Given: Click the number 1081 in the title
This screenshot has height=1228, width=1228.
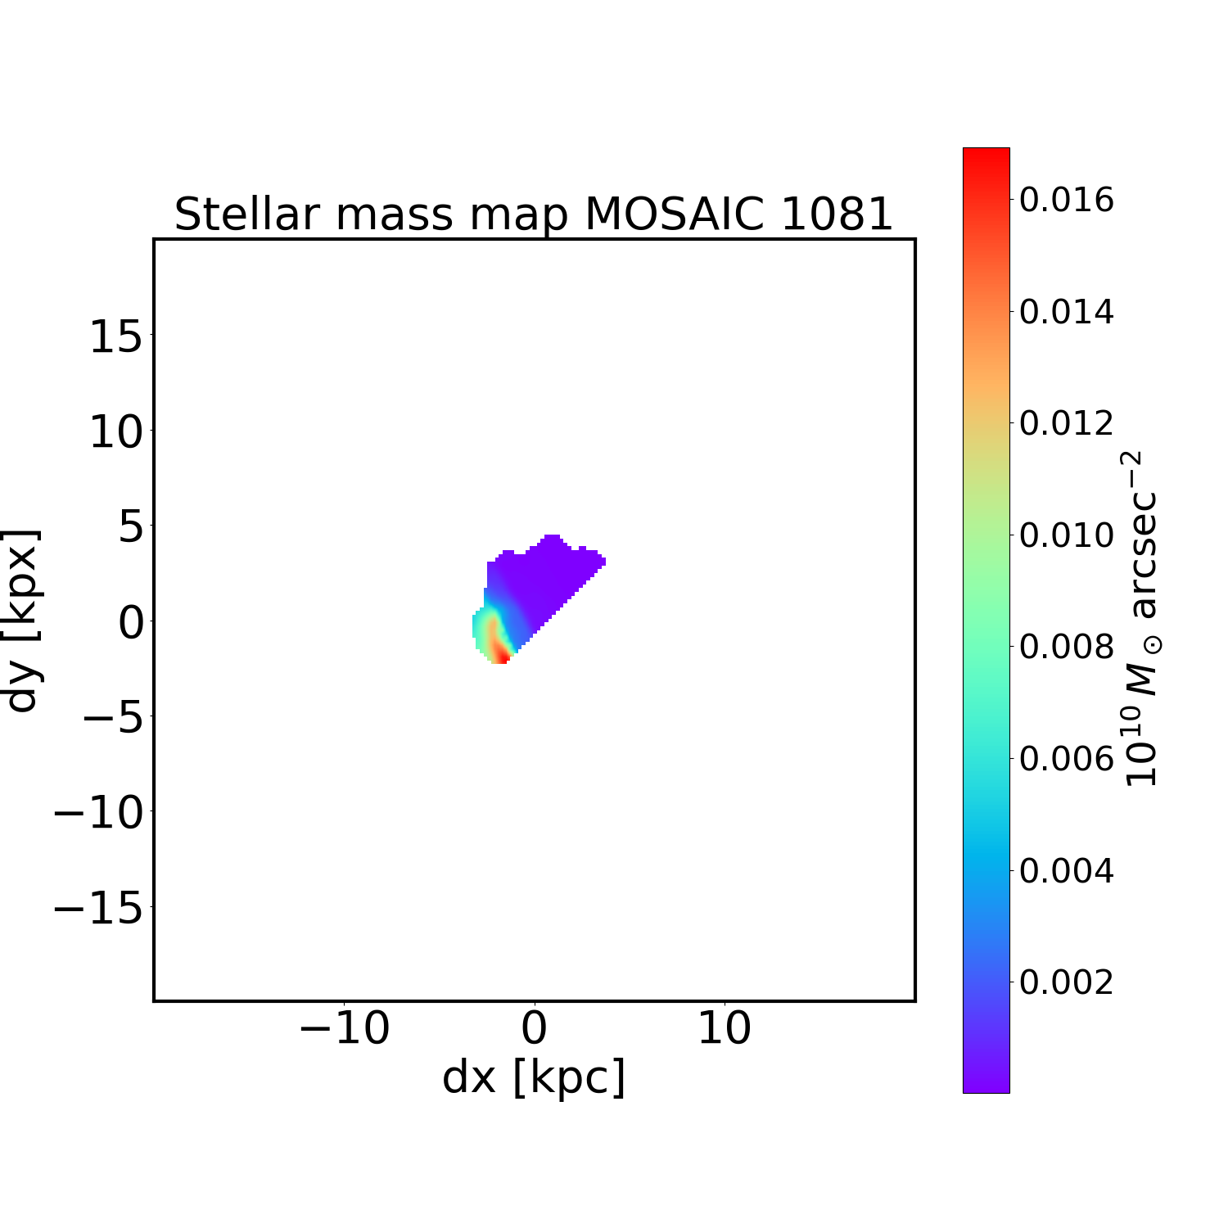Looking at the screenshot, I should [x=836, y=214].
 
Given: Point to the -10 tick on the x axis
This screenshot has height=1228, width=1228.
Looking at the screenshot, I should [x=344, y=1028].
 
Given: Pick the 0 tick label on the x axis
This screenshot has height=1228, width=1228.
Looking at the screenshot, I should [x=534, y=1028].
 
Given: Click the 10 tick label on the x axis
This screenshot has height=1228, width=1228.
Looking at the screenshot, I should [x=724, y=1028].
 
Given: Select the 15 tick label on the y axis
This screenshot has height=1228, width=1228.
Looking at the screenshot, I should [x=116, y=336].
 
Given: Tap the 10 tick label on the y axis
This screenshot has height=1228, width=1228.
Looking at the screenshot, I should [x=116, y=431].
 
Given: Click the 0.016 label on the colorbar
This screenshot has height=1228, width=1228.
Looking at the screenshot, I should [x=1066, y=200].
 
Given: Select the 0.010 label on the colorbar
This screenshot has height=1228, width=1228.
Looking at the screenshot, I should [x=1066, y=535].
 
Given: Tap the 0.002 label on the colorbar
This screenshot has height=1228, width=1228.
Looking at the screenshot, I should [x=1066, y=982].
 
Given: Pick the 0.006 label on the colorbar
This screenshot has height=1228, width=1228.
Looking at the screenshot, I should [x=1066, y=759].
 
